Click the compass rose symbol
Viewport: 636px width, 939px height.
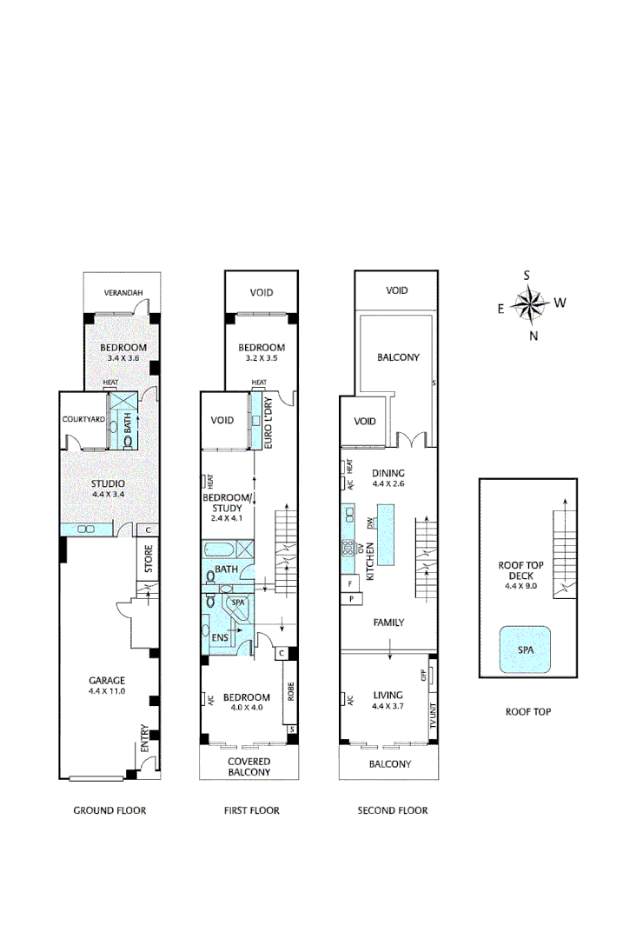point(527,304)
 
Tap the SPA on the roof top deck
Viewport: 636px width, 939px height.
point(526,649)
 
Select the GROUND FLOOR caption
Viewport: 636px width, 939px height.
point(109,810)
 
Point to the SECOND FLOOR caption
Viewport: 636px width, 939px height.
point(393,810)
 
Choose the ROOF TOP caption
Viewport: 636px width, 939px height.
point(528,711)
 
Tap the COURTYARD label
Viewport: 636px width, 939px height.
point(83,419)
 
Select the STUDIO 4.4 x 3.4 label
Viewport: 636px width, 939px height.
point(108,489)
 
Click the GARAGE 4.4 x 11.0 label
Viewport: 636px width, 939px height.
point(107,685)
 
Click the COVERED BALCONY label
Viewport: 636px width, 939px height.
point(248,767)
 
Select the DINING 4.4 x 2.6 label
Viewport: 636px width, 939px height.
point(388,478)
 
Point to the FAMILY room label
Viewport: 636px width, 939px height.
point(388,623)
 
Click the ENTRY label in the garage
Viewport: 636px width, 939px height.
point(145,739)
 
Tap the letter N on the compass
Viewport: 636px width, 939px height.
point(533,336)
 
